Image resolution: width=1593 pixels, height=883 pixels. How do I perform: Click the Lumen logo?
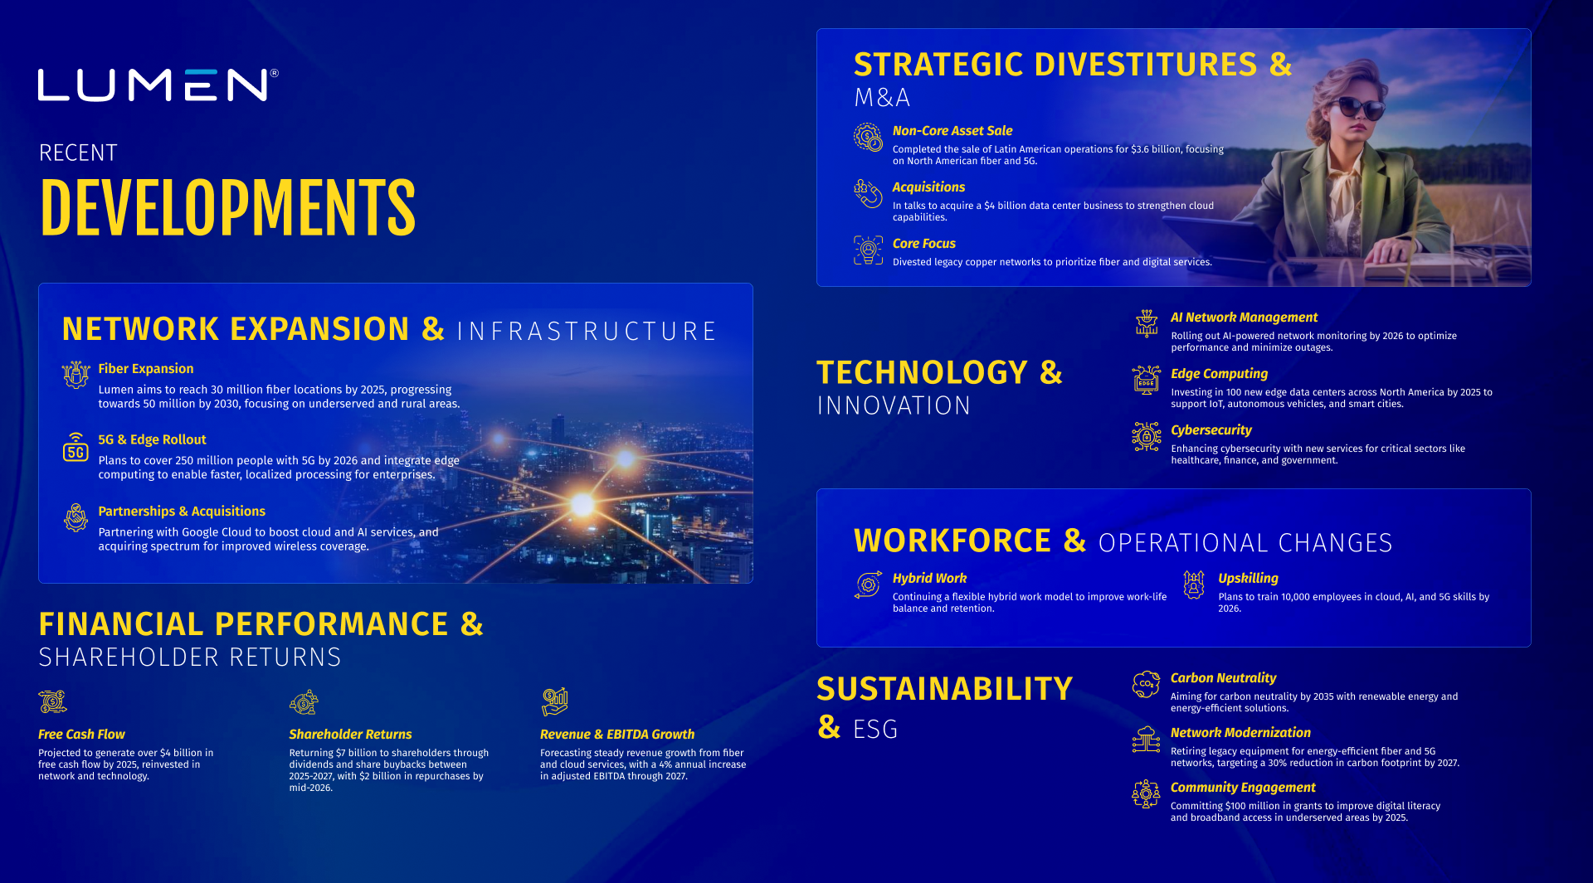tap(158, 85)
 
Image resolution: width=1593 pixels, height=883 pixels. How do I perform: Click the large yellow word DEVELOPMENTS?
tap(227, 207)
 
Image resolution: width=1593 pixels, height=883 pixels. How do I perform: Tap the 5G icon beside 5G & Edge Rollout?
tap(76, 448)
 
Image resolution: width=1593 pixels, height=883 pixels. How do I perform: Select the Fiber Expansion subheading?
tap(146, 369)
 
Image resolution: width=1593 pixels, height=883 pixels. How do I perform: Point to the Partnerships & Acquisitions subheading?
tap(182, 512)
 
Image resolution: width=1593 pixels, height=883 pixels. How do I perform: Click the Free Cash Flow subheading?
tap(81, 735)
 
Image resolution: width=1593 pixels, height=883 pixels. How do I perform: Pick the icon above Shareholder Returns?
tap(304, 702)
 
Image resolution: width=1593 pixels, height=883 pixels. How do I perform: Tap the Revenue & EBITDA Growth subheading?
tap(617, 735)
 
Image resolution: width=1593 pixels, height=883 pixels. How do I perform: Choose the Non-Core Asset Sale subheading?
tap(952, 131)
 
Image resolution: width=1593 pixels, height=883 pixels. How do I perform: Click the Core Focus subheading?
tap(924, 244)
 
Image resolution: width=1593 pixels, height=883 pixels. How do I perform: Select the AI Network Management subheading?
tap(1244, 318)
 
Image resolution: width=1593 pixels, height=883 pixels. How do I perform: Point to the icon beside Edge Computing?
tap(1147, 380)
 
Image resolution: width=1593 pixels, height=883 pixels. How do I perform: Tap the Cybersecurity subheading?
tap(1211, 430)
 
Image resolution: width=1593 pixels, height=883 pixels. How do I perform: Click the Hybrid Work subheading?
tap(929, 579)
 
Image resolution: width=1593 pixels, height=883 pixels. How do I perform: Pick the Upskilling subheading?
tap(1248, 579)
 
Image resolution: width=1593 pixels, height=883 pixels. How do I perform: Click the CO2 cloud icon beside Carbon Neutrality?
tap(1146, 684)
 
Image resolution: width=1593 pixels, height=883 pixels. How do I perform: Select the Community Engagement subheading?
tap(1243, 788)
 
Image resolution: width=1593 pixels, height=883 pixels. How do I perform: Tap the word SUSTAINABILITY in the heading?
tap(945, 689)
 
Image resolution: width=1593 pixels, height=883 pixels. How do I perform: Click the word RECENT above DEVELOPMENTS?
tap(78, 153)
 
